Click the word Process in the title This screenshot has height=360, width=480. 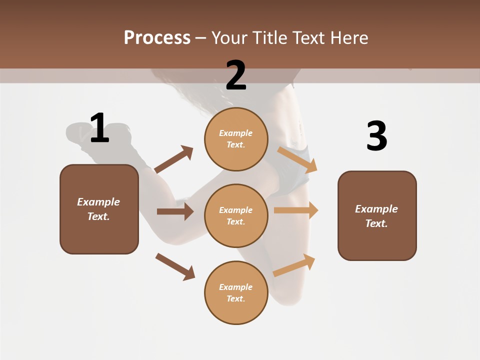tap(157, 38)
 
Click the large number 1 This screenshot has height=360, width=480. tap(99, 128)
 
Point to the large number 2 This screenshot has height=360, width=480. tap(235, 75)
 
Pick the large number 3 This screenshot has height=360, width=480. tap(376, 136)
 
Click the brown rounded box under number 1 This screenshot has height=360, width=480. tap(99, 209)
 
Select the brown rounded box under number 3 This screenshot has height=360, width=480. tap(377, 215)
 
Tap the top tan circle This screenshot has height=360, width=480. tap(236, 139)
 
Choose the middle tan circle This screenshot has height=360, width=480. tap(236, 215)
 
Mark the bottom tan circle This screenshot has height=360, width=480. tap(236, 292)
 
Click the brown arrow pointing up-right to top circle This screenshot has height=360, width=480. tap(174, 159)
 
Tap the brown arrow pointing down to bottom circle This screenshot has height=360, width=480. tap(175, 266)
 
